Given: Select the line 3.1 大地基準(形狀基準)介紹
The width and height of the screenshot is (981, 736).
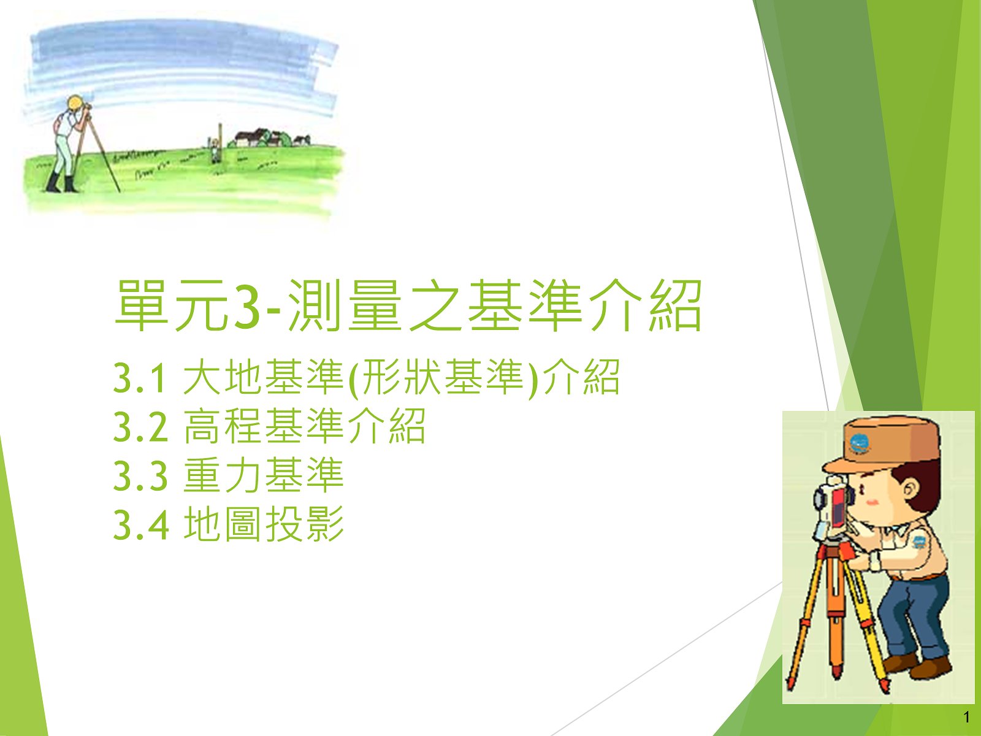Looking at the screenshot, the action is pyautogui.click(x=367, y=378).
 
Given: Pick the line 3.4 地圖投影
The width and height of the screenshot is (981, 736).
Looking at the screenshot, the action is pyautogui.click(x=228, y=523).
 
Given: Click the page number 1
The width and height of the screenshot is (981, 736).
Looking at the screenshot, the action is pyautogui.click(x=967, y=717).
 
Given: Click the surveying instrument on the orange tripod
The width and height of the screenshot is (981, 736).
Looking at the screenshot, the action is pyautogui.click(x=832, y=510).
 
